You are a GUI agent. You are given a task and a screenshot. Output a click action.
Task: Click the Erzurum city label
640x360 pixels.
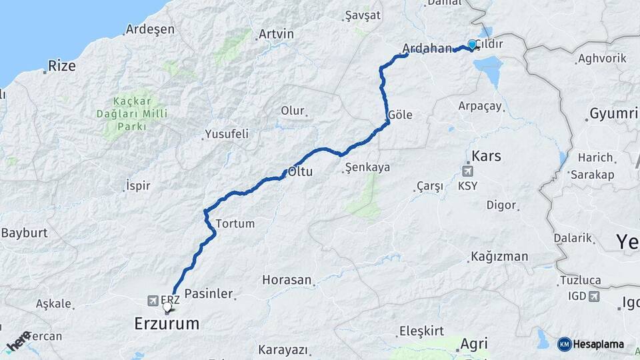pyautogui.click(x=166, y=324)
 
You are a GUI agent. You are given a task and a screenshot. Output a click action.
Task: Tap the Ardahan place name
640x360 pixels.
pyautogui.click(x=427, y=49)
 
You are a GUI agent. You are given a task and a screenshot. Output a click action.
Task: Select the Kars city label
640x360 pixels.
pyautogui.click(x=486, y=156)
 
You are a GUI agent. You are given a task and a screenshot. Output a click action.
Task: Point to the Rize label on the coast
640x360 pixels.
pyautogui.click(x=62, y=66)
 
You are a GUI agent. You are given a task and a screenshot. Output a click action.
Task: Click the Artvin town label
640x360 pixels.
pyautogui.click(x=275, y=33)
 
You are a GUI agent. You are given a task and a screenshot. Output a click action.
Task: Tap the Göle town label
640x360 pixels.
pyautogui.click(x=400, y=115)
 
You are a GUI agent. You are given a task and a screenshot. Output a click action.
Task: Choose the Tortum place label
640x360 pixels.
pyautogui.click(x=235, y=223)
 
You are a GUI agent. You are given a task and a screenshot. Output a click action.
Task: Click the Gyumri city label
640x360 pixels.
pyautogui.click(x=613, y=113)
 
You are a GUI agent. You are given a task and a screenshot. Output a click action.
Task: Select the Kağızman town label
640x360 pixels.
pyautogui.click(x=499, y=256)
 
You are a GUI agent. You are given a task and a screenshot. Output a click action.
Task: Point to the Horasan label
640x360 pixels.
pyautogui.click(x=287, y=279)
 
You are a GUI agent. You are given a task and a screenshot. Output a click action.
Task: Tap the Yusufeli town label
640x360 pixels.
pyautogui.click(x=227, y=134)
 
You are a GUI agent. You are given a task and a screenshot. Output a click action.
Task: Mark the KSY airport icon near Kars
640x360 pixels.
pyautogui.click(x=468, y=171)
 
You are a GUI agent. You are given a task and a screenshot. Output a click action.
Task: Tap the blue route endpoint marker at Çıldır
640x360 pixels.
pyautogui.click(x=472, y=45)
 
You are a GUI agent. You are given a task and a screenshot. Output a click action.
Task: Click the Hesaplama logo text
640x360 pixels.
pyautogui.click(x=599, y=344)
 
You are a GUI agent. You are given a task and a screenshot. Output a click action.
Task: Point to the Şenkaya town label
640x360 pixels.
pyautogui.click(x=368, y=168)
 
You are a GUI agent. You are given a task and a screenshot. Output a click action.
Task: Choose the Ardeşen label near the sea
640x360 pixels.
pyautogui.click(x=150, y=29)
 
